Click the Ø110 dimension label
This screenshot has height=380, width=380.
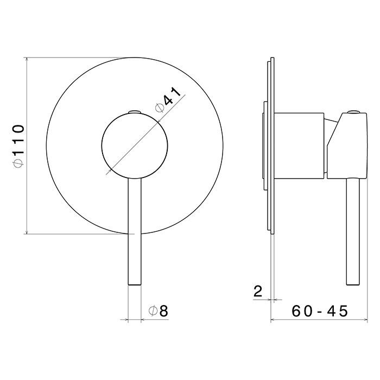(18, 146)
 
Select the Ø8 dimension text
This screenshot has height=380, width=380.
(159, 311)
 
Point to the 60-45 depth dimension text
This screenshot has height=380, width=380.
(320, 311)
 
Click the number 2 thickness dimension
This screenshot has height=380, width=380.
(258, 291)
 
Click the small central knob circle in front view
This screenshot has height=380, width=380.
(135, 145)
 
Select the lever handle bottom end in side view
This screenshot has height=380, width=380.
(353, 284)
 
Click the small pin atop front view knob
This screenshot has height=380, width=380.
(135, 112)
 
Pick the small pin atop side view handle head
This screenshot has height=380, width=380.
(354, 112)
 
